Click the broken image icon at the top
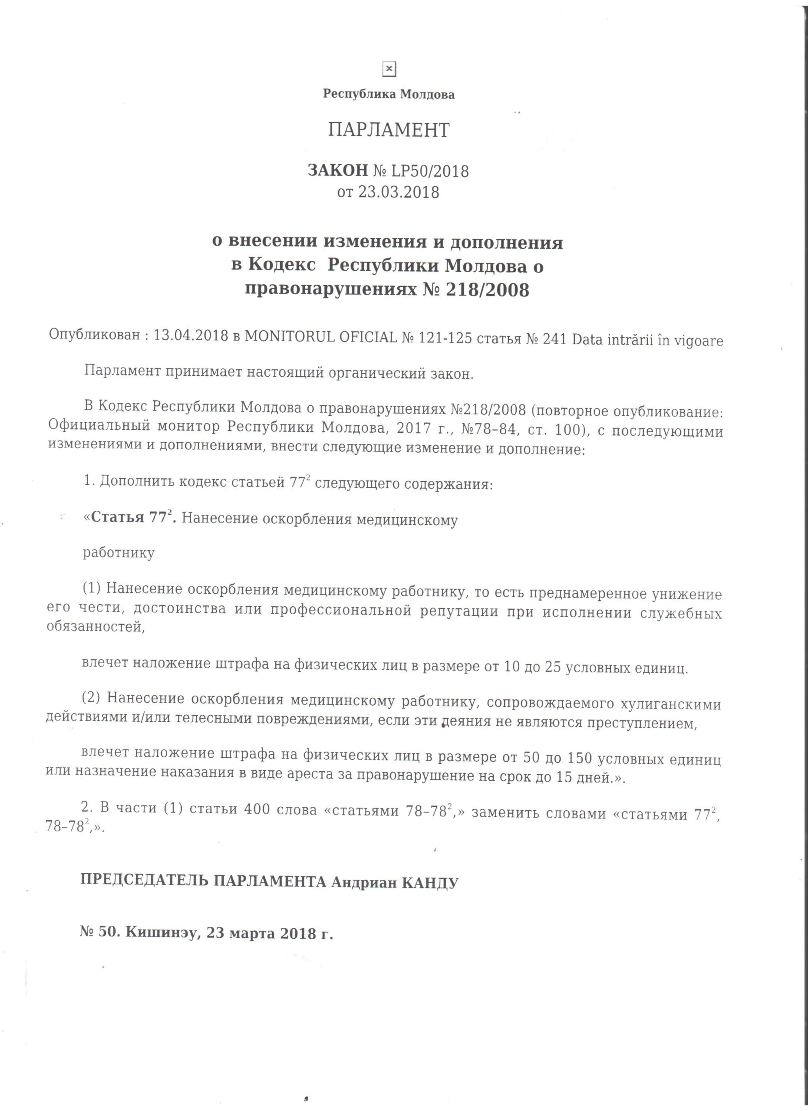point(389,69)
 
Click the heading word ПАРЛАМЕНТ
point(389,130)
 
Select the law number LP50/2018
point(429,171)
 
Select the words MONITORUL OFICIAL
point(321,337)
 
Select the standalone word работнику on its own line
point(119,553)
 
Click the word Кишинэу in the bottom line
point(163,932)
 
